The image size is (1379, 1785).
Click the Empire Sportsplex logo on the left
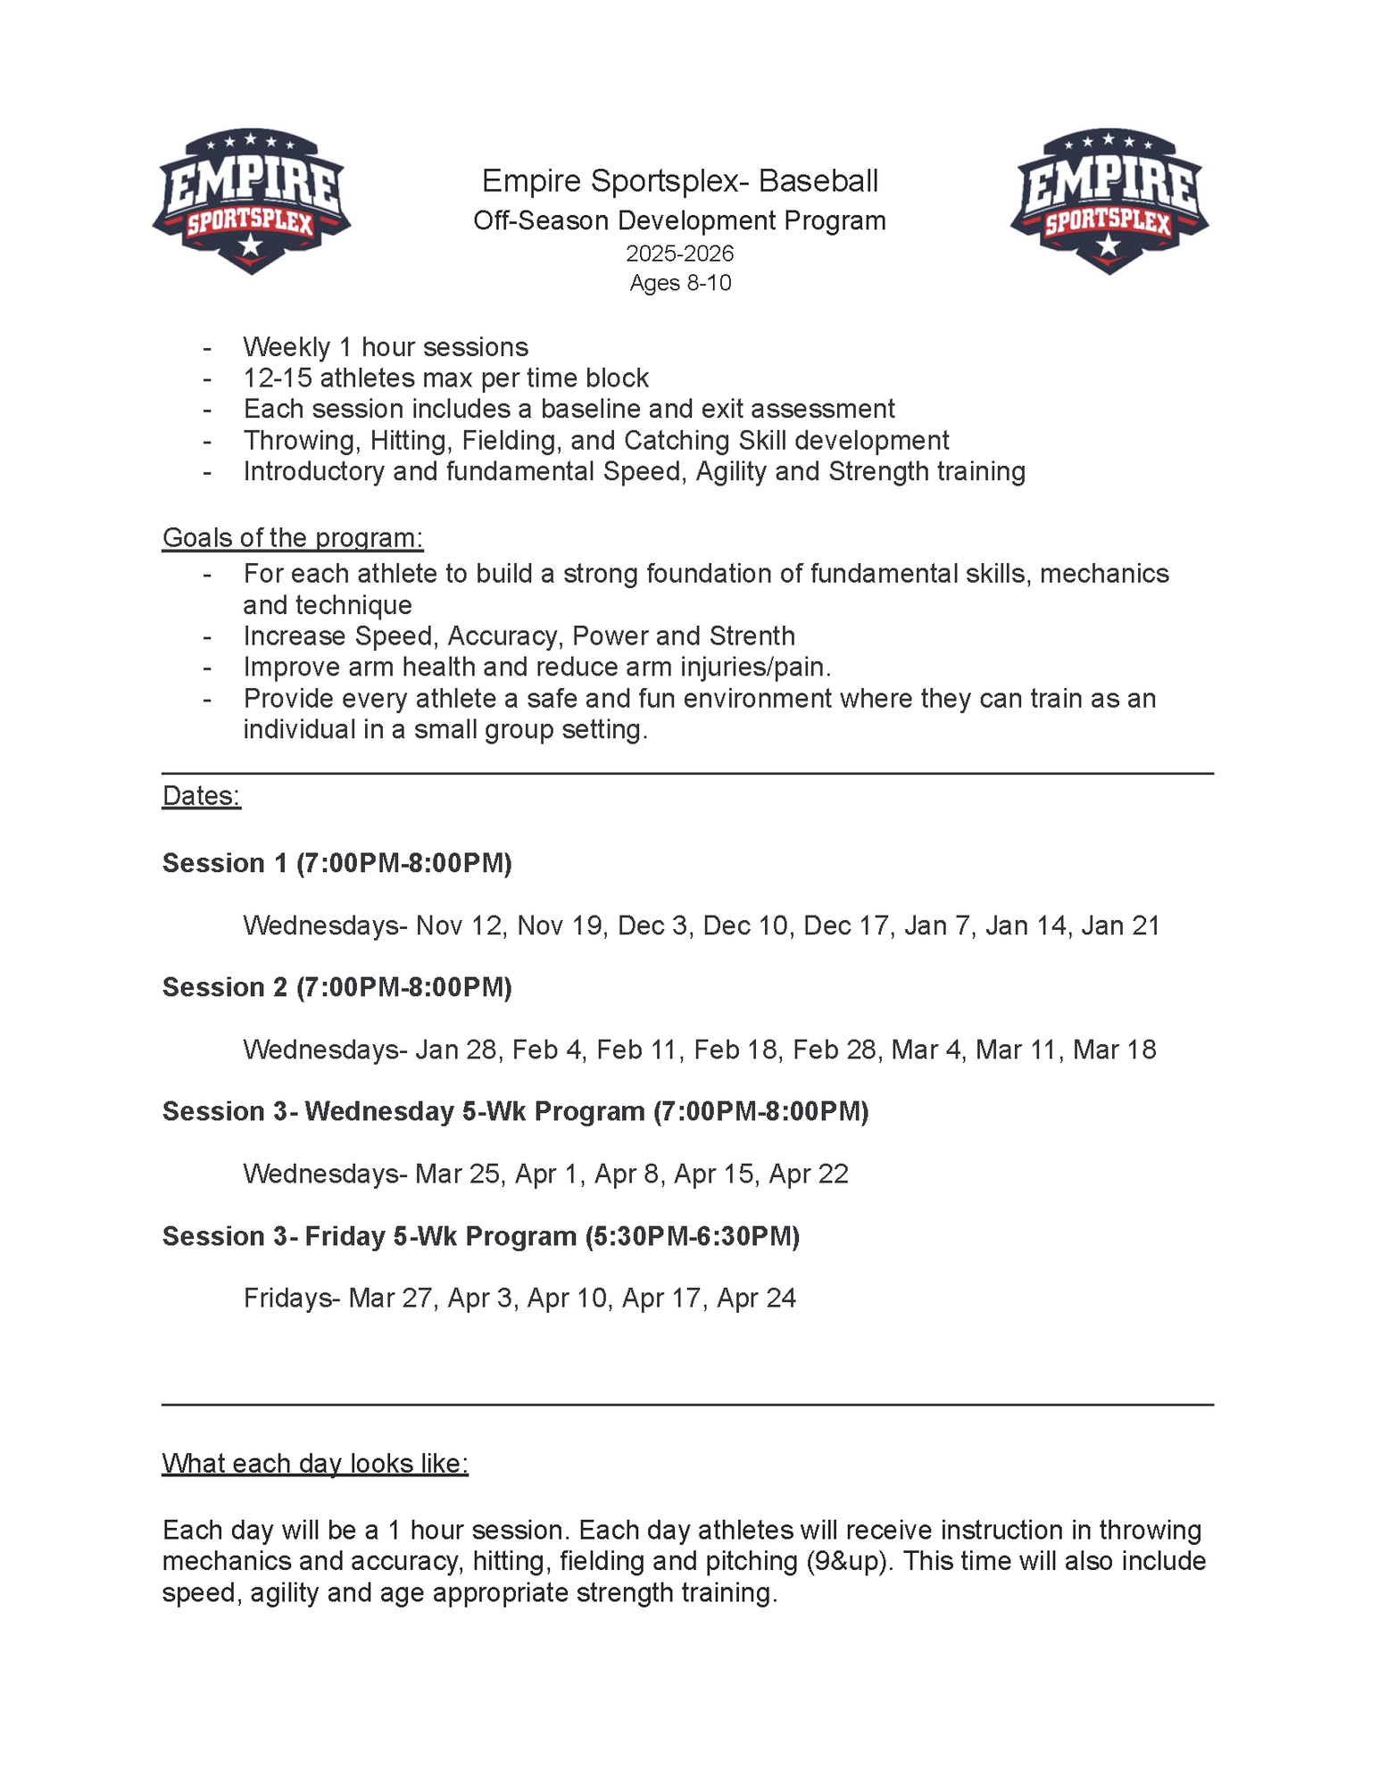coord(251,201)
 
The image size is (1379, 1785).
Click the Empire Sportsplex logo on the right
coord(1109,201)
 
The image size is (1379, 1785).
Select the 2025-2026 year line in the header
coord(679,253)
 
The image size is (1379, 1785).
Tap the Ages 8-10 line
coord(679,283)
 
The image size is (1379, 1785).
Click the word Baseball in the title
coord(818,181)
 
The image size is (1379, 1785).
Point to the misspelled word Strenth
coord(752,636)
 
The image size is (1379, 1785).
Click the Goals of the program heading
coord(292,538)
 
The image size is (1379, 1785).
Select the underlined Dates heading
coord(201,796)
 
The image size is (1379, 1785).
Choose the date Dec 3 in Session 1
coord(652,926)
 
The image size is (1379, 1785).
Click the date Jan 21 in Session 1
coord(1120,926)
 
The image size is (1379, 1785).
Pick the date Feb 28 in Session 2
coord(835,1050)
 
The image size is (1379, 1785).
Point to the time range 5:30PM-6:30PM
coord(693,1236)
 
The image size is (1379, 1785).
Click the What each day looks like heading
coord(314,1464)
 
